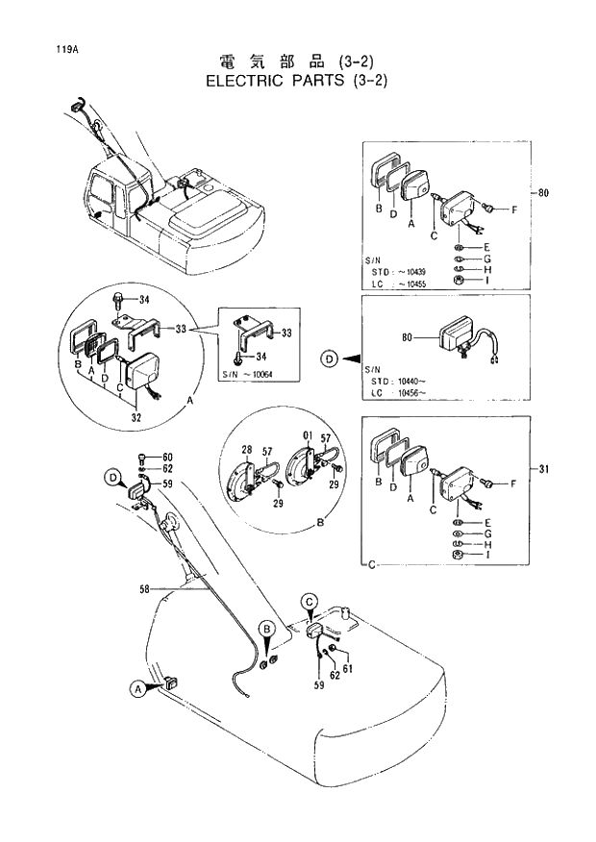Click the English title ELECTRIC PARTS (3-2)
tap(297, 80)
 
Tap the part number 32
tap(137, 418)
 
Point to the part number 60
tap(166, 457)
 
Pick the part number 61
tap(349, 669)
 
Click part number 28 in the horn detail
tap(246, 450)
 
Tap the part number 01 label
tap(307, 435)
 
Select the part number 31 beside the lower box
tap(544, 469)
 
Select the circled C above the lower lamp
tap(310, 602)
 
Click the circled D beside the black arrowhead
tap(330, 359)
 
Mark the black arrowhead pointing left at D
tap(352, 359)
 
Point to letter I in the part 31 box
tap(487, 555)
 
